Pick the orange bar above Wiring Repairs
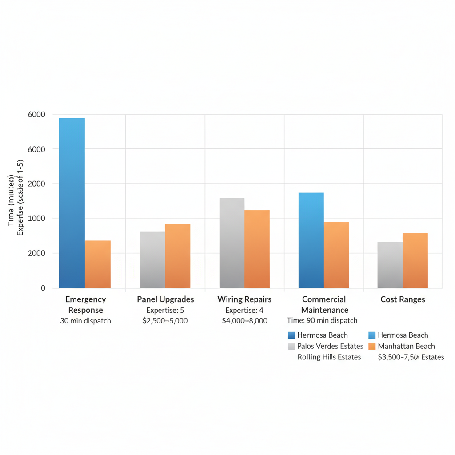(257, 249)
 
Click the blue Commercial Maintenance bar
(311, 240)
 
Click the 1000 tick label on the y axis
(37, 218)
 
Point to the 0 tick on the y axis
(43, 288)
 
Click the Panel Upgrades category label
(165, 299)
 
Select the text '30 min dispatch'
(85, 320)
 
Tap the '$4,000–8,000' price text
(244, 320)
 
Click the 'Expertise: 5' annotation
(165, 310)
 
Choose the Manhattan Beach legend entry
(406, 346)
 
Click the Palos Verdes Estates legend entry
(330, 346)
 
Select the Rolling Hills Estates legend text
(329, 357)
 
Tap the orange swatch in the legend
(372, 346)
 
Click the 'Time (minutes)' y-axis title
(11, 200)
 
